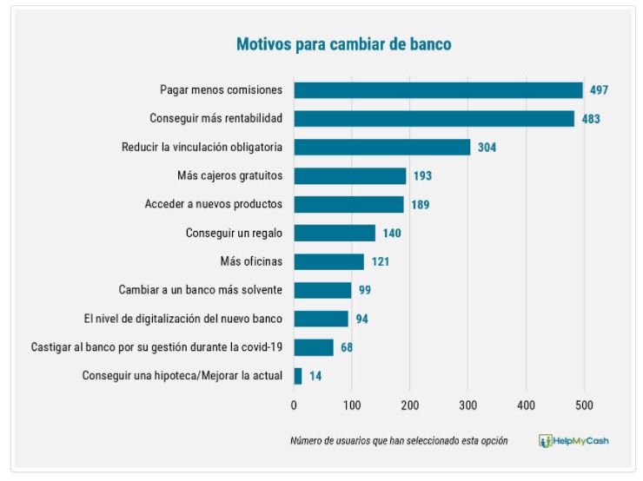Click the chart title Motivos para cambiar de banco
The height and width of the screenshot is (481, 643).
pyautogui.click(x=344, y=43)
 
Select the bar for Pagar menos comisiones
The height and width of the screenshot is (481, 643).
pyautogui.click(x=438, y=90)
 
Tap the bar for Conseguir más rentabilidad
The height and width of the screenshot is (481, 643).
pyautogui.click(x=434, y=119)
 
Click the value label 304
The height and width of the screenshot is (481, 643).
pyautogui.click(x=487, y=148)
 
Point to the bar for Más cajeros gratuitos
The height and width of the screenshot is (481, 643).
pyautogui.click(x=349, y=176)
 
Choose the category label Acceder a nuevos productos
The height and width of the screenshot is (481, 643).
pyautogui.click(x=214, y=205)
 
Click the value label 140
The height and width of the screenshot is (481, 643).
pyautogui.click(x=391, y=234)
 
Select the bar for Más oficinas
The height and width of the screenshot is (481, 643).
pyautogui.click(x=328, y=261)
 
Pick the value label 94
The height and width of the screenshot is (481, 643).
pyautogui.click(x=361, y=319)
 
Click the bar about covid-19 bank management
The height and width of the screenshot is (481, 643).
pyautogui.click(x=313, y=347)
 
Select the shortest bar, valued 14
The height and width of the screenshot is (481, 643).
pyautogui.click(x=298, y=376)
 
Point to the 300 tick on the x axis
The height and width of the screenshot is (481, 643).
pyautogui.click(x=467, y=405)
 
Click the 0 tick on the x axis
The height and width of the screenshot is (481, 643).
pyautogui.click(x=294, y=405)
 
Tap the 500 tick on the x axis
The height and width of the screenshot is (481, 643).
pyautogui.click(x=584, y=405)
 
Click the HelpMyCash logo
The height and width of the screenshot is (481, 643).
pyautogui.click(x=573, y=441)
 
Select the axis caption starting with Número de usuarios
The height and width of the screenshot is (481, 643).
pyautogui.click(x=399, y=441)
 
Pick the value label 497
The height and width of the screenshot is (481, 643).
pyautogui.click(x=599, y=90)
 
